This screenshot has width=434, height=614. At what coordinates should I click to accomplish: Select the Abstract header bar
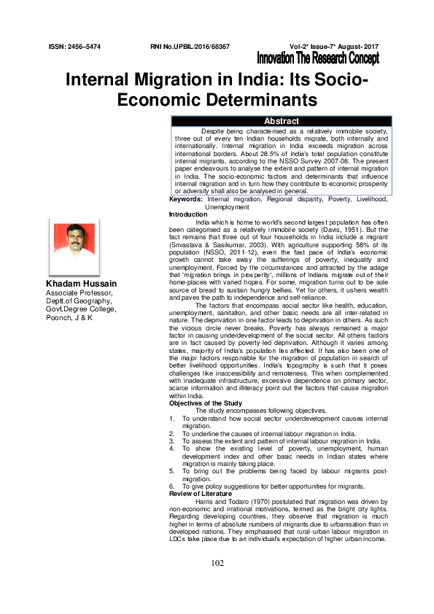[281, 121]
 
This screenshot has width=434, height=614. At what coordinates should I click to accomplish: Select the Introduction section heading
[188, 214]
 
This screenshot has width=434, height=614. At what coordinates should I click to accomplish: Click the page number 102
[217, 563]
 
